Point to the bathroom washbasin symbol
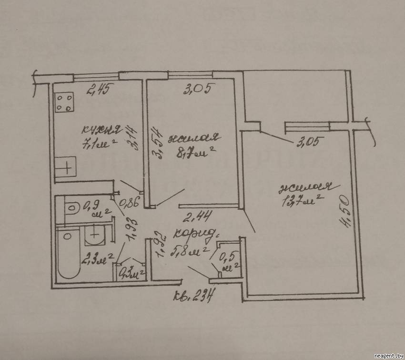tap(95, 234)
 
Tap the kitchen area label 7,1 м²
tap(99, 143)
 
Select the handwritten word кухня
tap(101, 130)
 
